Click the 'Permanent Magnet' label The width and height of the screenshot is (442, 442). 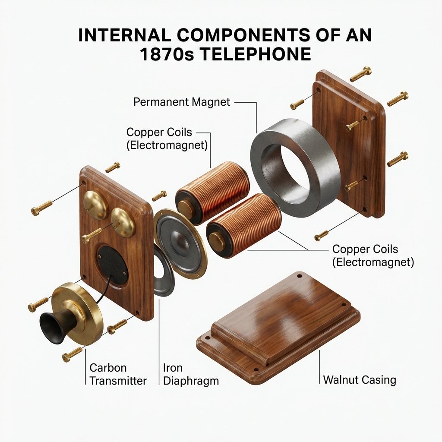click(182, 102)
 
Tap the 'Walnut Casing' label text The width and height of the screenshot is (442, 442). click(359, 380)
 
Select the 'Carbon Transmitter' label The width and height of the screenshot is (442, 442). click(117, 374)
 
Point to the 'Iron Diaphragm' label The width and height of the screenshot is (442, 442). click(190, 374)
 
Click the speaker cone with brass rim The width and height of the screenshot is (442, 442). click(179, 237)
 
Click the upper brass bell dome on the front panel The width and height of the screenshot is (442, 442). click(95, 205)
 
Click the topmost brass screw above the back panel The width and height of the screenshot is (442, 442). click(360, 74)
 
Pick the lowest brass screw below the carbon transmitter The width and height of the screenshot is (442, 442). click(72, 355)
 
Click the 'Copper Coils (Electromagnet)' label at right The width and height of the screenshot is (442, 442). click(373, 256)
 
